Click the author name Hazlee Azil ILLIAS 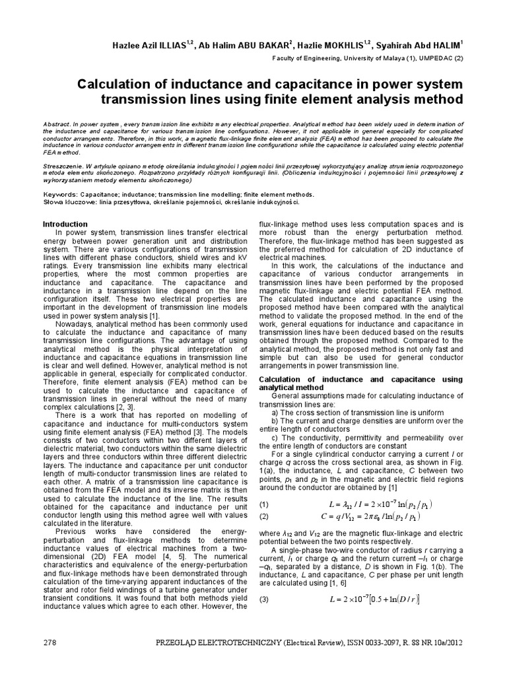coord(141,46)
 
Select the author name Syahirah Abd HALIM coord(414,46)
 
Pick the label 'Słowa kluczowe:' coord(69,202)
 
